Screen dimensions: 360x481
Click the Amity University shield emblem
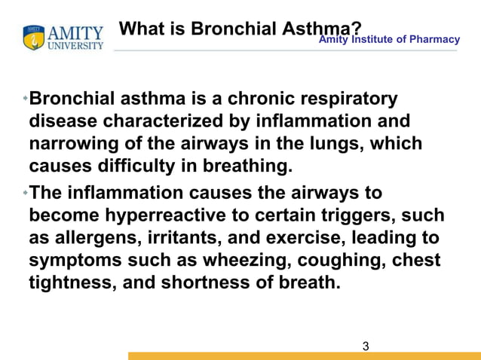pyautogui.click(x=33, y=38)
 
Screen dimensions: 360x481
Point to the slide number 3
pyautogui.click(x=366, y=346)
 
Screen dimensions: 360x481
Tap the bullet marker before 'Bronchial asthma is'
pyautogui.click(x=26, y=99)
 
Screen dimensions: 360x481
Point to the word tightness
pyautogui.click(x=69, y=283)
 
